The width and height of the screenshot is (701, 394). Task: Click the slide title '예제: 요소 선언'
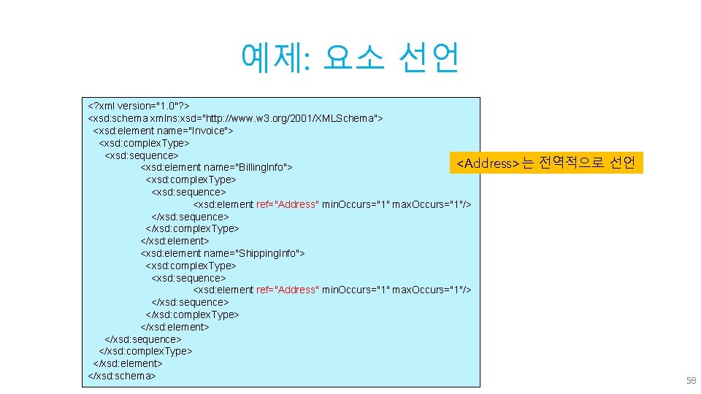click(x=350, y=58)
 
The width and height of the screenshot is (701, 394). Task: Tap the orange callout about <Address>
click(x=545, y=163)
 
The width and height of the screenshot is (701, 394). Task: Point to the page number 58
click(x=691, y=381)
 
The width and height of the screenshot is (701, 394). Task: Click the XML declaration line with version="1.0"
click(x=138, y=106)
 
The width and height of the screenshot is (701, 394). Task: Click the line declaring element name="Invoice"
click(x=163, y=131)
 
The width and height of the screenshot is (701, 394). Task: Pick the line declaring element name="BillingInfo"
click(x=216, y=168)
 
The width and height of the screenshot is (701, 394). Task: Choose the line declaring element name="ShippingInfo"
click(x=222, y=253)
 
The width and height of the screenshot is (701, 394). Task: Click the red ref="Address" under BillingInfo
click(x=287, y=204)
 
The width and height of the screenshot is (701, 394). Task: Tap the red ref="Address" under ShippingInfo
click(x=287, y=290)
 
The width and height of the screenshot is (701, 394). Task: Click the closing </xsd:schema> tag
click(x=121, y=376)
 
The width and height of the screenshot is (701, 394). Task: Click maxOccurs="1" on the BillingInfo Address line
click(x=432, y=204)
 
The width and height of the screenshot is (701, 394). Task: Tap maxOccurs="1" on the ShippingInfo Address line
click(x=432, y=290)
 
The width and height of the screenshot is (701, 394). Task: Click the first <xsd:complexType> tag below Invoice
click(x=144, y=143)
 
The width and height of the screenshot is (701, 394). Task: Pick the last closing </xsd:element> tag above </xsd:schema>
click(x=127, y=363)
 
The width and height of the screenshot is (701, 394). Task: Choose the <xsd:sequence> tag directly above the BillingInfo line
click(x=141, y=155)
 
